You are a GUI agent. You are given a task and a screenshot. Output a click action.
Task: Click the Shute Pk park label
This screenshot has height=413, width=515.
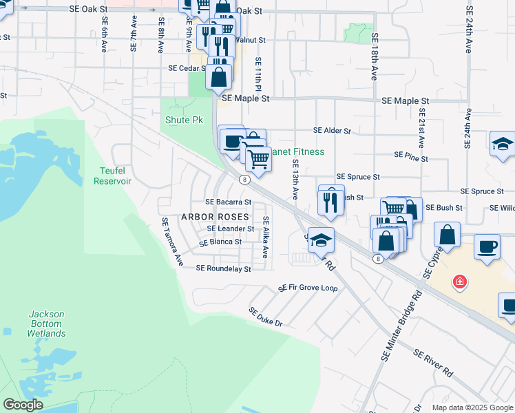[184, 120]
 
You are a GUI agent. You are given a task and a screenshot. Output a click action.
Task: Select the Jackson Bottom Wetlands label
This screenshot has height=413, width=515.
[46, 324]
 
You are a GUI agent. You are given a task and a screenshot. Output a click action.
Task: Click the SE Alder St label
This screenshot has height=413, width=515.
[332, 130]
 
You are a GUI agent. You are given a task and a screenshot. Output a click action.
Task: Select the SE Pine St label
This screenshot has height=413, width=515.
[411, 158]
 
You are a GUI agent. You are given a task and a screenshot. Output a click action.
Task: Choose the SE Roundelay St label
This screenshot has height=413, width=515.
[223, 268]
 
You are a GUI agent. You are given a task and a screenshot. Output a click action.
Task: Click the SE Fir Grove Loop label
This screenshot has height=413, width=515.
[308, 288]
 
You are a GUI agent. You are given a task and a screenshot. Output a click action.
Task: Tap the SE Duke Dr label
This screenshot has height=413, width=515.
[266, 317]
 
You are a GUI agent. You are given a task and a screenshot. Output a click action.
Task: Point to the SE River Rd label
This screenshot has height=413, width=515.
[433, 363]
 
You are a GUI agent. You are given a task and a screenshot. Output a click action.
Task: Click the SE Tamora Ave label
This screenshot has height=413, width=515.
[171, 242]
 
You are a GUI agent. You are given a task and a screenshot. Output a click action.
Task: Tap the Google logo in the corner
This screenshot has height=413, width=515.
[23, 405]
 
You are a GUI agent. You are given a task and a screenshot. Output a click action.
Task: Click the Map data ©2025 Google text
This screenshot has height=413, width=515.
[472, 407]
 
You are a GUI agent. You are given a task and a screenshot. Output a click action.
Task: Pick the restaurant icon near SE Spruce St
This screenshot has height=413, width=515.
[331, 201]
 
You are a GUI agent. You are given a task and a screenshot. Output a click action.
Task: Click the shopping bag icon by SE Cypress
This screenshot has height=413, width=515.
[448, 235]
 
